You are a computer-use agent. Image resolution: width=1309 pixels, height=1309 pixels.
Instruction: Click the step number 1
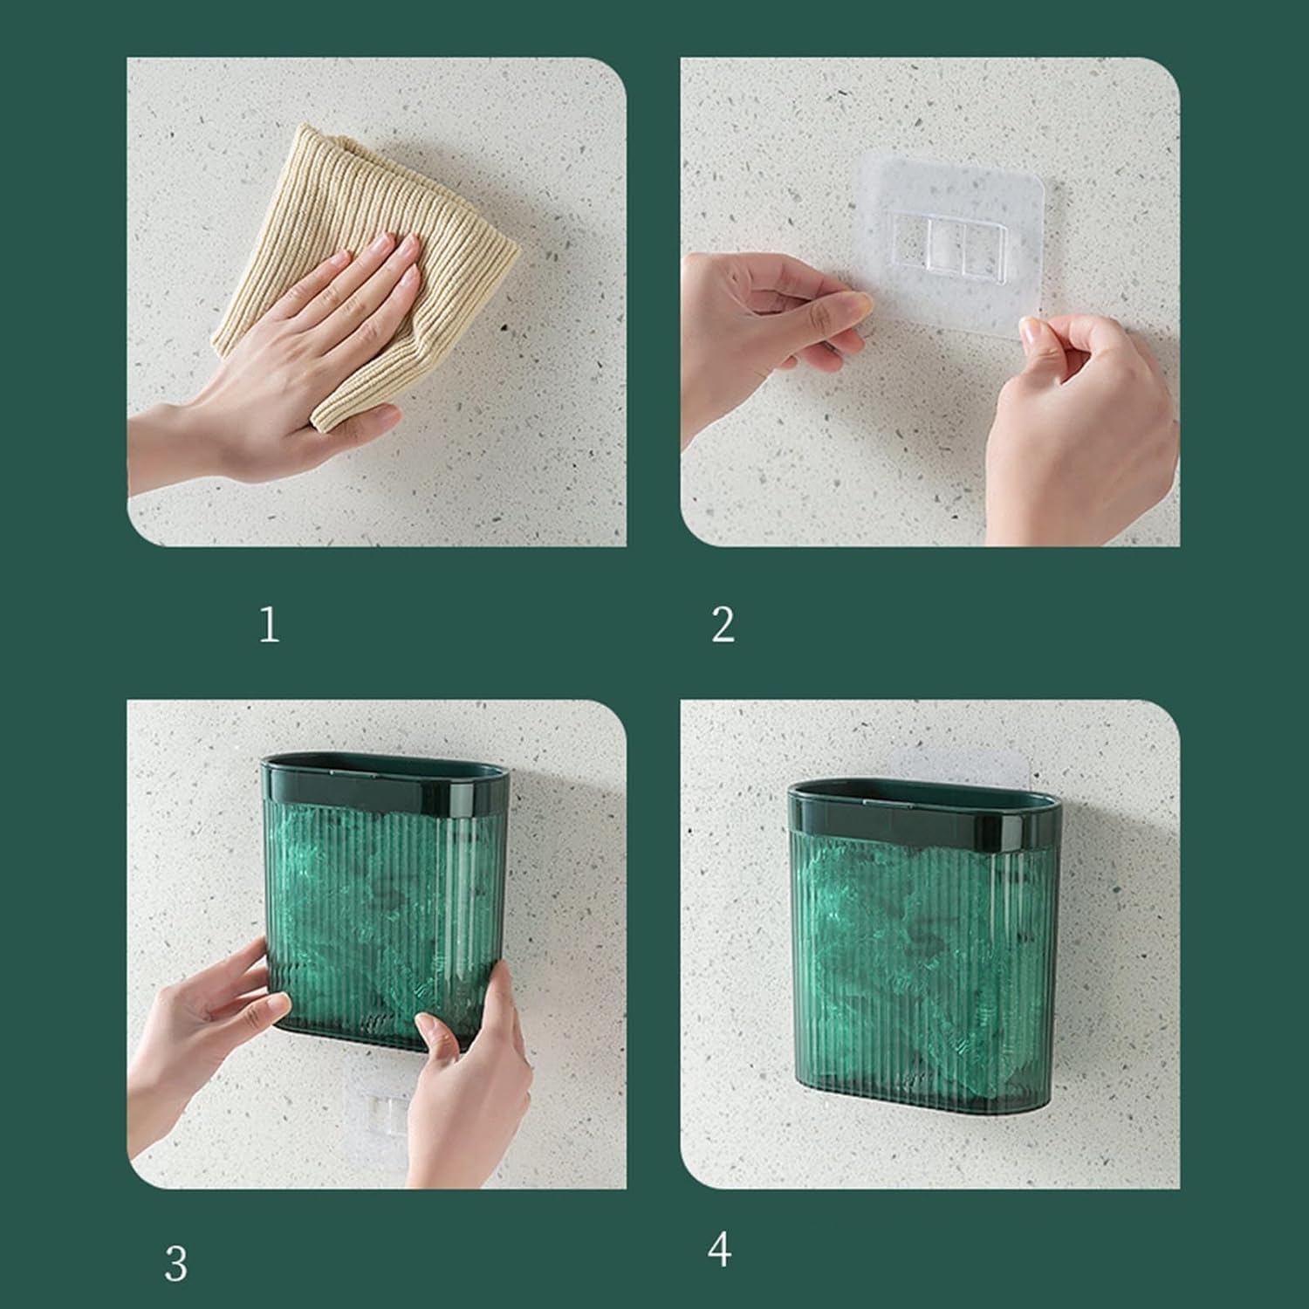click(x=270, y=625)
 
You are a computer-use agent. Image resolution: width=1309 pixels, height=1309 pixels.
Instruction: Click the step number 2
click(x=723, y=625)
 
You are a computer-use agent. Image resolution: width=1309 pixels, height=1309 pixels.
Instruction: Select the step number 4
click(x=720, y=1250)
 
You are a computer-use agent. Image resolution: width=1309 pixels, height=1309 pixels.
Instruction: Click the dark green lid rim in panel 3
click(x=384, y=778)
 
